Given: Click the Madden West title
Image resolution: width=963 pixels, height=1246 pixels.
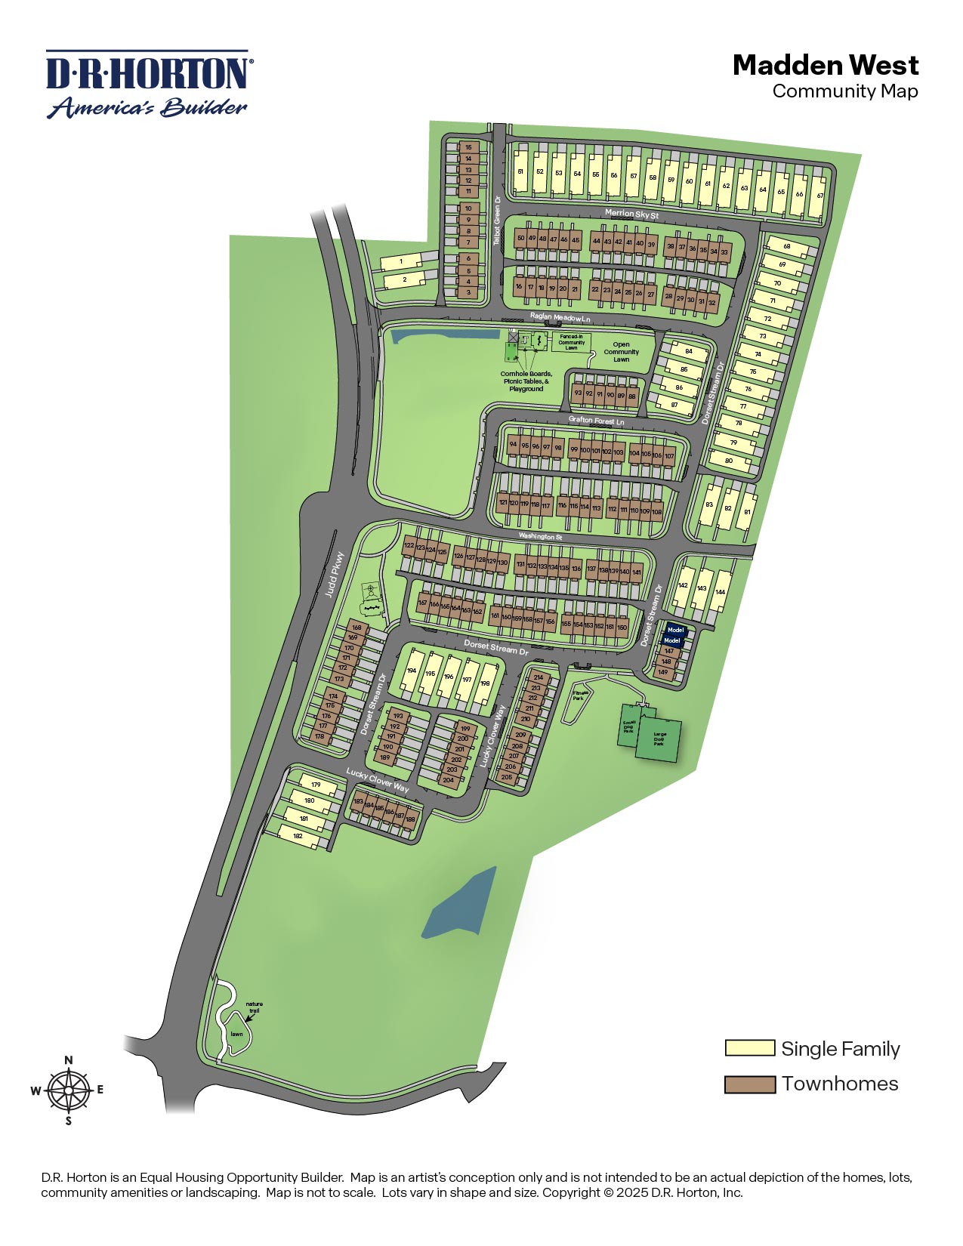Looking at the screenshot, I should (x=826, y=65).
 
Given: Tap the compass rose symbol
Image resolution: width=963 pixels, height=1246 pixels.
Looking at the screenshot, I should (x=68, y=1090).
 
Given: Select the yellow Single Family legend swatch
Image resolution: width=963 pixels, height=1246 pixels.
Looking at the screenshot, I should (x=749, y=1048).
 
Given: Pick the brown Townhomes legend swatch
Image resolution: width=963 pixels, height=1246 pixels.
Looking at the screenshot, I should (x=749, y=1084).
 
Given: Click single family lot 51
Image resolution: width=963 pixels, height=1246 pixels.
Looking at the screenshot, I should (x=520, y=172).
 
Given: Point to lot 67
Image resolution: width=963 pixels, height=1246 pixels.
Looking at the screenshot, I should (x=820, y=195).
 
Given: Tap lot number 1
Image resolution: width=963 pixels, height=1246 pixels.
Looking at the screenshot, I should (x=401, y=261).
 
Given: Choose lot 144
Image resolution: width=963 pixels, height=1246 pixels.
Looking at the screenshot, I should (x=720, y=592).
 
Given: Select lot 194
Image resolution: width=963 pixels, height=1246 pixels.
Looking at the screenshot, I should (x=412, y=671).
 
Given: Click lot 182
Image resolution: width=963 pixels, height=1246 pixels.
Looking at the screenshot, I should (x=298, y=836).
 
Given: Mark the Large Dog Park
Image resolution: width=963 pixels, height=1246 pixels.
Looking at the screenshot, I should (x=659, y=739).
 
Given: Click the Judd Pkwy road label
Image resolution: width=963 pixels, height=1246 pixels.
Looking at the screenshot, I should (x=335, y=575).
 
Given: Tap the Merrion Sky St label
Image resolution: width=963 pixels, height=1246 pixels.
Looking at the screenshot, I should (x=631, y=214).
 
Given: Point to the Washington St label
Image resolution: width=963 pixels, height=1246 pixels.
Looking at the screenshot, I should (x=540, y=536).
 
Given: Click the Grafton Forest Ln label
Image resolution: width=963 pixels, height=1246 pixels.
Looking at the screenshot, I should (x=596, y=420).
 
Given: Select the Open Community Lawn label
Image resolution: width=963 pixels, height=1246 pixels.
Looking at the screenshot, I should (x=621, y=352).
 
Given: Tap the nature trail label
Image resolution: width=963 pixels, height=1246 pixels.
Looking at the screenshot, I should (x=254, y=1007).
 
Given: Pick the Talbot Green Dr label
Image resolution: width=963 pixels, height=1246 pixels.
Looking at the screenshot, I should (x=498, y=221).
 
